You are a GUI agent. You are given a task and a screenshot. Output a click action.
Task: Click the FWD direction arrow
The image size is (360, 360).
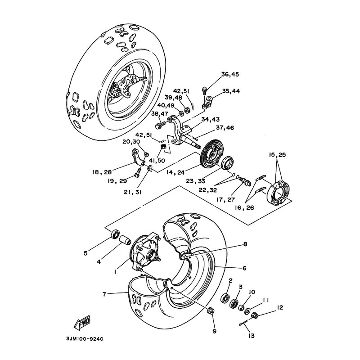[x=82, y=323]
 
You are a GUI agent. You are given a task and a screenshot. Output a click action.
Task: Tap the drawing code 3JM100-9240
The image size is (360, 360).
[x=85, y=339]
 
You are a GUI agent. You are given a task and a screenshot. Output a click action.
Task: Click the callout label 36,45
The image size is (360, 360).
[x=230, y=74]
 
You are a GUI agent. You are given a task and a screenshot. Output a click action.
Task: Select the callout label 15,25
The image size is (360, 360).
[x=277, y=155]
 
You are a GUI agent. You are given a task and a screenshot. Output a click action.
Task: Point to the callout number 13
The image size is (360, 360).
[x=252, y=336]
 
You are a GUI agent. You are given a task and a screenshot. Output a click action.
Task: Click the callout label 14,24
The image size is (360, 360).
[x=175, y=172]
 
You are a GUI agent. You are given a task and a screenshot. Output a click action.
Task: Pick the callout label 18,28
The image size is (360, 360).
[x=102, y=172]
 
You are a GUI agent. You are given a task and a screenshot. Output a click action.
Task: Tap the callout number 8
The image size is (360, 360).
[x=245, y=244]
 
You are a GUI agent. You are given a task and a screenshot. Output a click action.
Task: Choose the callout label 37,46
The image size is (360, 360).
[x=225, y=128]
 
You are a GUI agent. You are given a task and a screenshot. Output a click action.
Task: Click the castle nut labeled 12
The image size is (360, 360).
[x=255, y=315]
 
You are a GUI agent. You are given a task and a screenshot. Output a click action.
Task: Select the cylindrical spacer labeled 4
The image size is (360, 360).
[x=125, y=239]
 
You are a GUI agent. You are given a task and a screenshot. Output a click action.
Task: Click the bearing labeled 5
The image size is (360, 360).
[x=115, y=234]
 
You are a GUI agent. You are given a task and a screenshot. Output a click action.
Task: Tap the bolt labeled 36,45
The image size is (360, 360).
[x=204, y=90]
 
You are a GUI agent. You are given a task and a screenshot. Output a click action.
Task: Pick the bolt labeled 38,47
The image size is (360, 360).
[x=160, y=125]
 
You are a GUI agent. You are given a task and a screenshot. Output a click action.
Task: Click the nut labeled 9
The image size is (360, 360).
[x=211, y=311]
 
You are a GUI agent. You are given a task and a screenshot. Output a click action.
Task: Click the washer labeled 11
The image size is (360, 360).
[x=247, y=311]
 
